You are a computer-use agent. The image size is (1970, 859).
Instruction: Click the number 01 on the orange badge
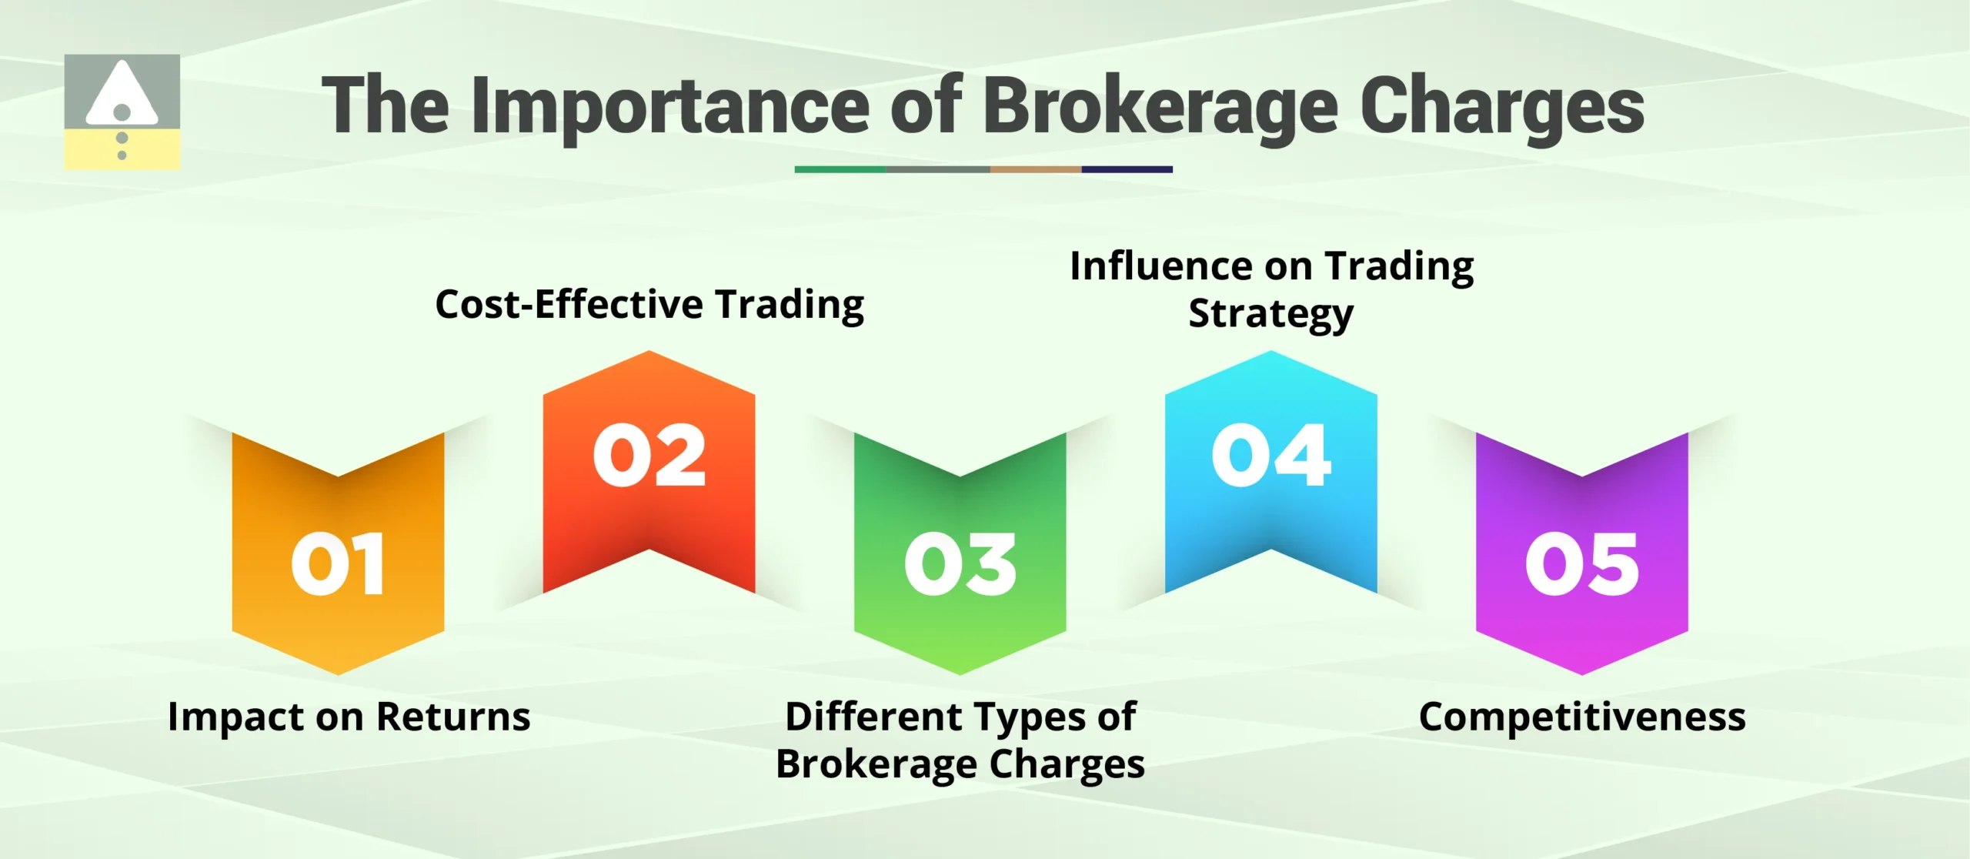[338, 564]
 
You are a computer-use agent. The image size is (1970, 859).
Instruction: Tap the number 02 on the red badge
[649, 455]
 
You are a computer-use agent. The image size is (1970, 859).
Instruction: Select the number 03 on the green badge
[960, 564]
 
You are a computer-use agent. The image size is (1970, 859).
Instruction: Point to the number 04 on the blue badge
[1270, 455]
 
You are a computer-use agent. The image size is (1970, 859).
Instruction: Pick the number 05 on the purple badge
[1581, 564]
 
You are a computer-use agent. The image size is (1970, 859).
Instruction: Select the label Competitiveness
[1582, 717]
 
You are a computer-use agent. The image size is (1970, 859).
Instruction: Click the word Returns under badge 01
[453, 717]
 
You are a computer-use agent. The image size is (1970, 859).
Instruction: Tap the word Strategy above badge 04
[1270, 314]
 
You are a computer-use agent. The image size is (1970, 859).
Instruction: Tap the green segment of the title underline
[840, 169]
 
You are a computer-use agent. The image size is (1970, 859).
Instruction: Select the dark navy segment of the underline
[1127, 169]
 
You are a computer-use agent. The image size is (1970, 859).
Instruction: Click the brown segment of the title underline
[1035, 169]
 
